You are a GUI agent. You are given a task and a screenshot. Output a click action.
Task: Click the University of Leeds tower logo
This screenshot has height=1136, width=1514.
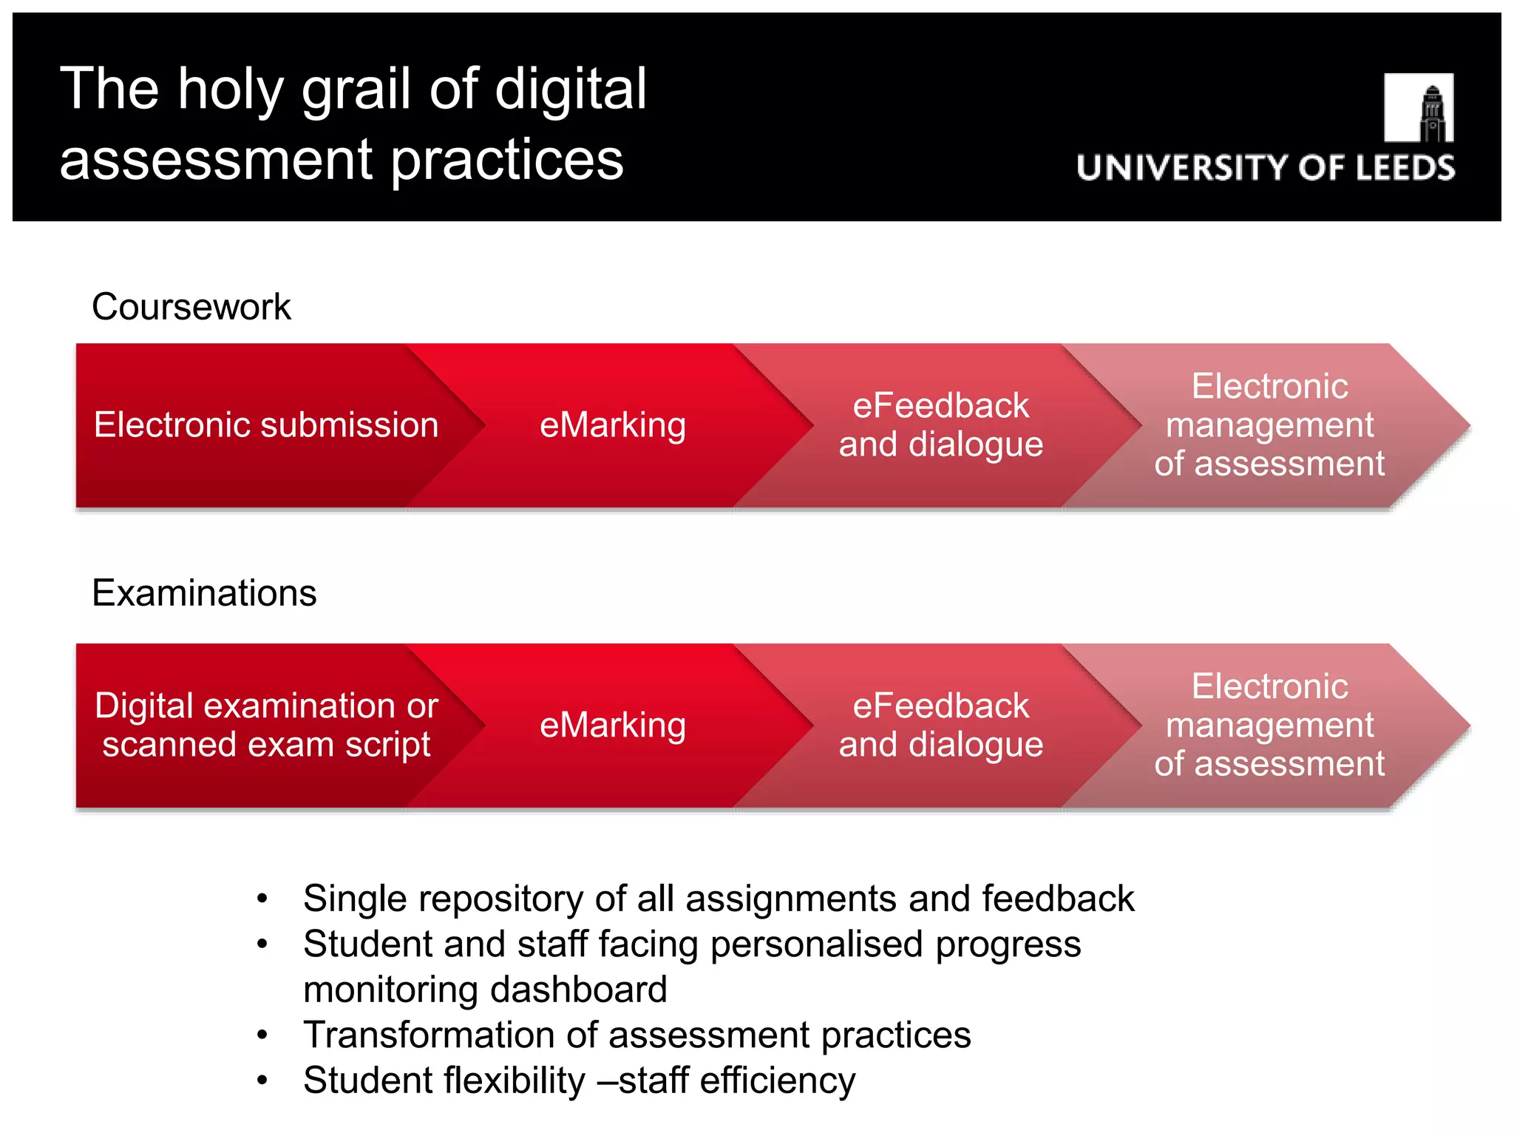1418,108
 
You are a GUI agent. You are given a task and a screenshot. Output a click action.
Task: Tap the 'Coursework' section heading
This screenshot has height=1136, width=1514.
191,307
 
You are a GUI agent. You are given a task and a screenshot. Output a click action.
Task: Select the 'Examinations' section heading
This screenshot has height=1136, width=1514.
204,593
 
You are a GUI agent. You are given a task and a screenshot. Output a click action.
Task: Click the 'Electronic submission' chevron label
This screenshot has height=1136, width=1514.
266,425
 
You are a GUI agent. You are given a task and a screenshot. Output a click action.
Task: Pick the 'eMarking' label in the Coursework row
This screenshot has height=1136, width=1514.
612,425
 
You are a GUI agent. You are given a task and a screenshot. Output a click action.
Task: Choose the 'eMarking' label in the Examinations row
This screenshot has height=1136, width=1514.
612,726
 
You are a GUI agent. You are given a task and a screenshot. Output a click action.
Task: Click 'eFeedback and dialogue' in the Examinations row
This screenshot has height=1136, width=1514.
940,726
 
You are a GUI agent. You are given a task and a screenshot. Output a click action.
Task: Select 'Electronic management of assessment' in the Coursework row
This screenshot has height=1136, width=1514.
1269,425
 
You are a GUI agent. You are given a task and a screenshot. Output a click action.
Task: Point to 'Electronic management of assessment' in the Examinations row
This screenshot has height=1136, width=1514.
1269,726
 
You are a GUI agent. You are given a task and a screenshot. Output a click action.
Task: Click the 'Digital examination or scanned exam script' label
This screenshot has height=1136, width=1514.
266,726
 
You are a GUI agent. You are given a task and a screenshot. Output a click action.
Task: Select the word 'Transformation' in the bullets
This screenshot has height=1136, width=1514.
429,1035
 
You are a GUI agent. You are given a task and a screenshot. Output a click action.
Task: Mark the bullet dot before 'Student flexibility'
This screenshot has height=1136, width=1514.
262,1081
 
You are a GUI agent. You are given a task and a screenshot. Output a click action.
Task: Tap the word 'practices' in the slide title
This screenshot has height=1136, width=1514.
507,160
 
